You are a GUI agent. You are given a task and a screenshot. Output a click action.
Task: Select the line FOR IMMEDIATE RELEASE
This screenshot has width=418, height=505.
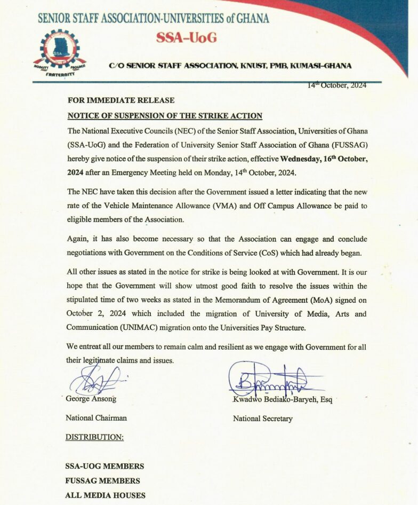(121, 100)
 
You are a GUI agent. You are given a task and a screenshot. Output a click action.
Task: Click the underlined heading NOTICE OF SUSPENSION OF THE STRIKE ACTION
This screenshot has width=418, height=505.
(165, 116)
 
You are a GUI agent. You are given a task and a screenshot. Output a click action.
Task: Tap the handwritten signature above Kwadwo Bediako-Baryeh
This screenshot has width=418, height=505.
(272, 380)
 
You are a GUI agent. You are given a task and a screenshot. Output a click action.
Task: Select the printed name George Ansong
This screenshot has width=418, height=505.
(91, 399)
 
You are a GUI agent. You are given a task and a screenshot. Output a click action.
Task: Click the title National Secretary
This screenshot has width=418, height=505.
(262, 419)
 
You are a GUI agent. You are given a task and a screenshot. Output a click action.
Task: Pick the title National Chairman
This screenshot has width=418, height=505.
(96, 418)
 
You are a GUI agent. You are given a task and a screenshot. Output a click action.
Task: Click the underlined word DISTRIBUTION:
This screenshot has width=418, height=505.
(94, 437)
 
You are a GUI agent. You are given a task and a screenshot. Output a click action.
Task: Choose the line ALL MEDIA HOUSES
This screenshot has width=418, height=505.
(105, 495)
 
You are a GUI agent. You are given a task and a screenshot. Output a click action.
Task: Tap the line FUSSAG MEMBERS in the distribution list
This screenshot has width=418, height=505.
(102, 480)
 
